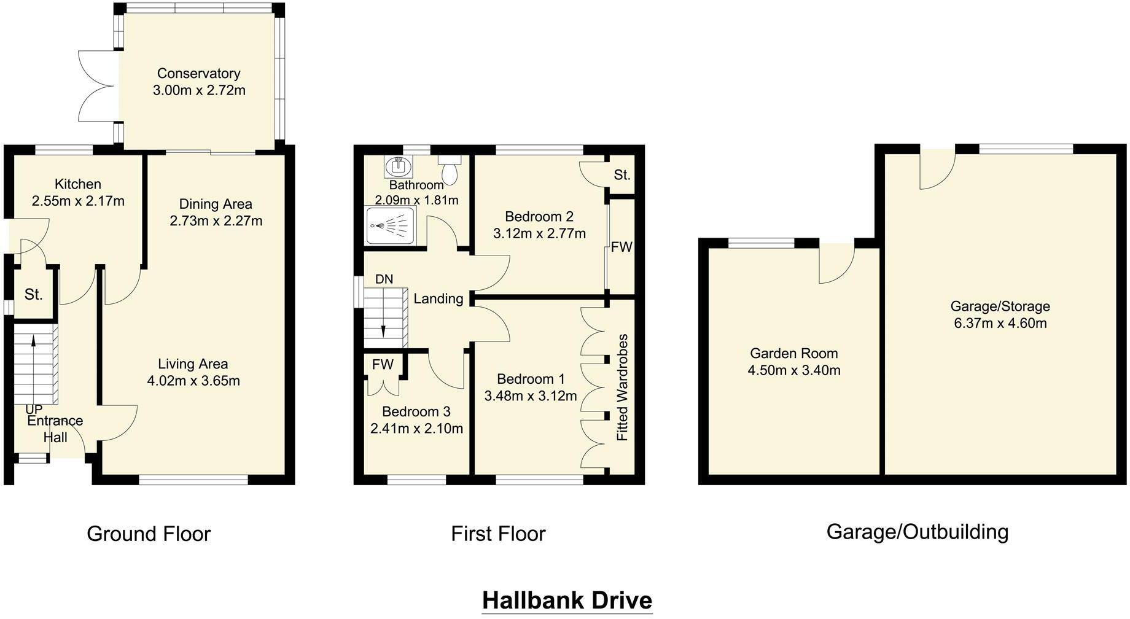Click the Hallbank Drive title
(566, 600)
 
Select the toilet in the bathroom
(450, 169)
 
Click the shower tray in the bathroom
(390, 226)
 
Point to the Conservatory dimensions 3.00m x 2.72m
(199, 90)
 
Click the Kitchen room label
(78, 184)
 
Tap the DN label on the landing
(384, 279)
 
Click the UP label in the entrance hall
(34, 409)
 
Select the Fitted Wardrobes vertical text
(622, 387)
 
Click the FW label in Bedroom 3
(383, 364)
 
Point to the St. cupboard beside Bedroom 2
(621, 175)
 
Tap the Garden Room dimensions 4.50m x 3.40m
(793, 370)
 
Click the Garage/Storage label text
(1000, 306)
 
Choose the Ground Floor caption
(149, 534)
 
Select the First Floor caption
(497, 534)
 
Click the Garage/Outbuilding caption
(917, 531)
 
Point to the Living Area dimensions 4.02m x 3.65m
(193, 381)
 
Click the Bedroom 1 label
(531, 379)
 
